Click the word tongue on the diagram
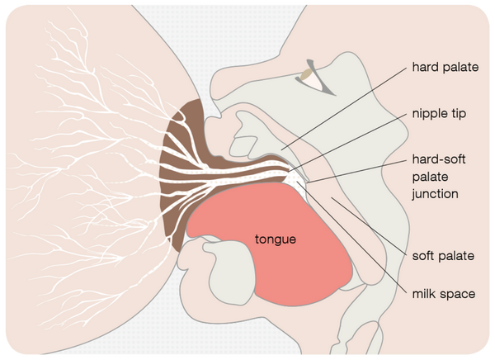pyautogui.click(x=275, y=240)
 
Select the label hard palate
pyautogui.click(x=444, y=67)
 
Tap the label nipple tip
pyautogui.click(x=438, y=113)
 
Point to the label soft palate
pyautogui.click(x=442, y=255)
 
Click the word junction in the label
pyautogui.click(x=435, y=194)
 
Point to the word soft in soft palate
pyautogui.click(x=424, y=255)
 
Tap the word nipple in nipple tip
pyautogui.click(x=429, y=113)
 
